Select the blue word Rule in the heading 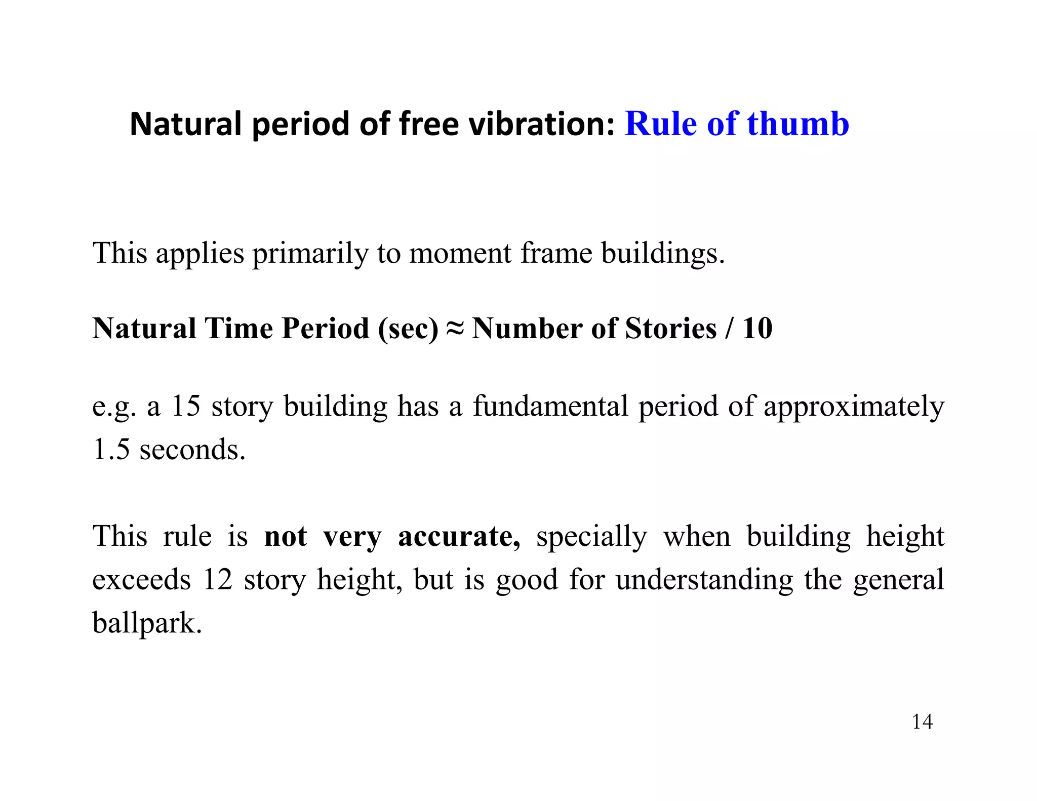(x=660, y=124)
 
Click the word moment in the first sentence (x=460, y=254)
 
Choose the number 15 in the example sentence (x=186, y=406)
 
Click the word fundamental (x=550, y=406)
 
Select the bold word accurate (x=459, y=537)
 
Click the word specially (x=591, y=537)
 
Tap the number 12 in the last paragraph (x=217, y=580)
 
